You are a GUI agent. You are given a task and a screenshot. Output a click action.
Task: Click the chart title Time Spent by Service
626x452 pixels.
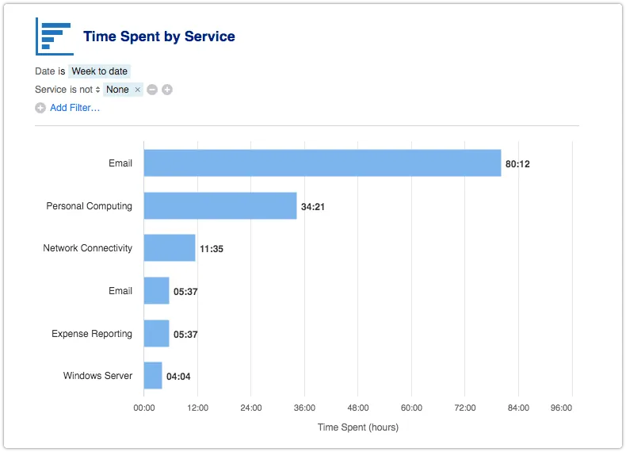pos(158,36)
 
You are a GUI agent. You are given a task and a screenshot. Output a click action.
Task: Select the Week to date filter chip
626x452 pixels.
pos(99,71)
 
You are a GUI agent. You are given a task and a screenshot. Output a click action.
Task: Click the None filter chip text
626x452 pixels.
pos(117,90)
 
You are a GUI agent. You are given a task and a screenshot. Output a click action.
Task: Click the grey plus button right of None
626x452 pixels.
pos(167,90)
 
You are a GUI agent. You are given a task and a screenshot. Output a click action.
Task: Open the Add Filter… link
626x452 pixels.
pos(74,108)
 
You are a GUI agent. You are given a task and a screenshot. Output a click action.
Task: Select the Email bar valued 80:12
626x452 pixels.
pos(322,163)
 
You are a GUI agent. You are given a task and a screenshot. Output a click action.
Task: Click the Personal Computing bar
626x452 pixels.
pos(219,205)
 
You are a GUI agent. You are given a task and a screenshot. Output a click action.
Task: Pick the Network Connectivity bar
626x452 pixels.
pos(169,248)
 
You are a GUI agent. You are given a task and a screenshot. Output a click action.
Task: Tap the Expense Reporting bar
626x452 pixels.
pos(156,334)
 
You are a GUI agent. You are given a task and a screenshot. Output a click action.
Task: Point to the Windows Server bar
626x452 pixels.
pos(153,376)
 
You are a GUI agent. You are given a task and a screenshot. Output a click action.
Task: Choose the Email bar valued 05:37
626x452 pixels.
pos(156,291)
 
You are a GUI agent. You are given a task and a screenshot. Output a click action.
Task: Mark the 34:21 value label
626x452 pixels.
pos(312,206)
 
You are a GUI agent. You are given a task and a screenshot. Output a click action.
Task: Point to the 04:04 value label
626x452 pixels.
pos(178,377)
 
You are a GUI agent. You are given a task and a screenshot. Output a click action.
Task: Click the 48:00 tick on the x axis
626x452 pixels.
pos(358,408)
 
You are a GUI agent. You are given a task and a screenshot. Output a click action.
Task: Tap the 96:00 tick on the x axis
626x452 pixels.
pos(561,408)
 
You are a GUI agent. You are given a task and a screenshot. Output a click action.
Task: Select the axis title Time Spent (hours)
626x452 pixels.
pos(358,427)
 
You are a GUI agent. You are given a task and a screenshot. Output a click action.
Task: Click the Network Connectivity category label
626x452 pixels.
pos(87,248)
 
